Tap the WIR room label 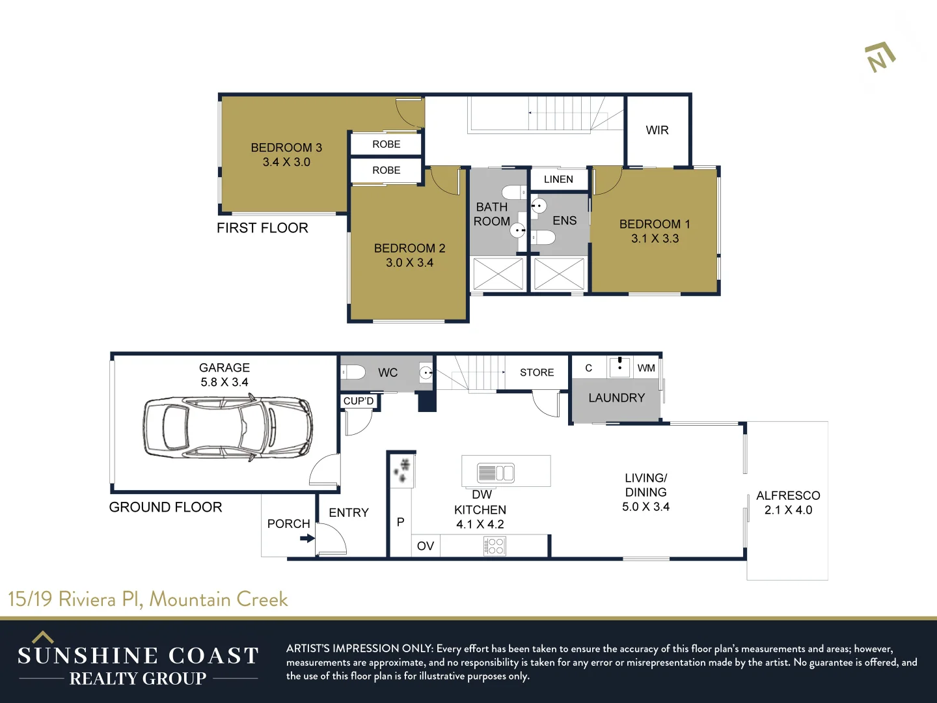click(657, 130)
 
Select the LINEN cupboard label click(558, 179)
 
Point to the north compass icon click(880, 57)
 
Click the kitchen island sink click(496, 473)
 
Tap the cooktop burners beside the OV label click(495, 546)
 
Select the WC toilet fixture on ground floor click(353, 372)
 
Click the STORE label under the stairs click(537, 372)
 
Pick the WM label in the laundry click(646, 368)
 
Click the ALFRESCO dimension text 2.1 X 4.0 click(788, 510)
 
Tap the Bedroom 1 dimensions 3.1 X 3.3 click(655, 238)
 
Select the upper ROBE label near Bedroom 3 click(386, 144)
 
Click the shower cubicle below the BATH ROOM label click(498, 273)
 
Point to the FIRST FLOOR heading click(262, 228)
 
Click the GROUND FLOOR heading click(165, 507)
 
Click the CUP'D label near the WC click(359, 401)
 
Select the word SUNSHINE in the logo click(87, 655)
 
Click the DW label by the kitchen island click(482, 495)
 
